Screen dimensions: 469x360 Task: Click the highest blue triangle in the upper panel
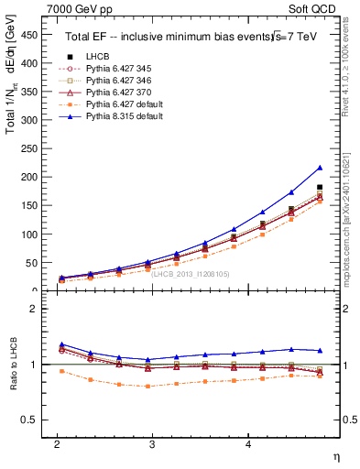coord(320,168)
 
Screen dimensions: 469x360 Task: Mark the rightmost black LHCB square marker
coord(320,187)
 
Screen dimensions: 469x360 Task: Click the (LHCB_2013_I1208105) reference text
coord(191,273)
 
